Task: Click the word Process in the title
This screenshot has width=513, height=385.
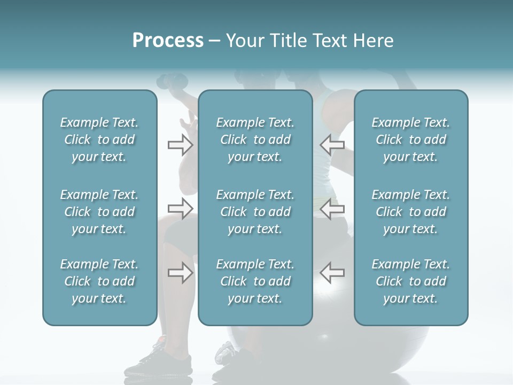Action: click(x=168, y=41)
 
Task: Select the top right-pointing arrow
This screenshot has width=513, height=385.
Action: click(x=180, y=145)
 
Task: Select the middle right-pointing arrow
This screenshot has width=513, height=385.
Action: click(x=180, y=209)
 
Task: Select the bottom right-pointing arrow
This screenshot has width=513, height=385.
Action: click(x=180, y=273)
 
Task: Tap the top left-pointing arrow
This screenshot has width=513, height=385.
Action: click(x=332, y=145)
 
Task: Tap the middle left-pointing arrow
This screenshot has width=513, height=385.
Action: click(x=332, y=209)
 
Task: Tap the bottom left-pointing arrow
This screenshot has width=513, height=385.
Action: click(x=332, y=272)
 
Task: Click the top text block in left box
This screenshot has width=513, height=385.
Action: click(x=99, y=140)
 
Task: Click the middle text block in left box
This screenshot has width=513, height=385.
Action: click(x=99, y=212)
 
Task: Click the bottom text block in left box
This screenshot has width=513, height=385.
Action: click(x=99, y=281)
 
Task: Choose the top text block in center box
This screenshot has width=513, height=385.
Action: click(x=255, y=140)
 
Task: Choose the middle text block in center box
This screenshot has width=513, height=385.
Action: click(x=255, y=212)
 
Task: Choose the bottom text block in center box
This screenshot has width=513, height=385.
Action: click(x=255, y=281)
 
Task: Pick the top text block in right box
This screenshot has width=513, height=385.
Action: click(x=410, y=140)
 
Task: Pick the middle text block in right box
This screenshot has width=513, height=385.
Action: click(x=410, y=212)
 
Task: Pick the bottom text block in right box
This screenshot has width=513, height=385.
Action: click(x=410, y=281)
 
